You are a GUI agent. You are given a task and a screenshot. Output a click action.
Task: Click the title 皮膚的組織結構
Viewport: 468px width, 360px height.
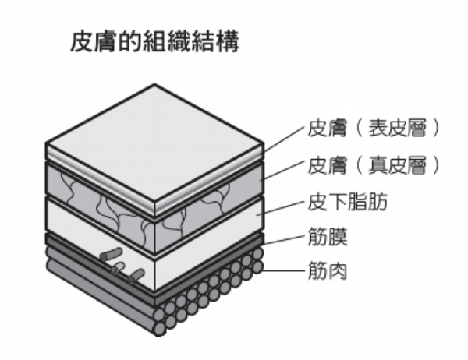[x=154, y=42]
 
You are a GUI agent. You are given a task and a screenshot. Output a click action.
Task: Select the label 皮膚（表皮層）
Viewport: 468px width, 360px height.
[x=374, y=129]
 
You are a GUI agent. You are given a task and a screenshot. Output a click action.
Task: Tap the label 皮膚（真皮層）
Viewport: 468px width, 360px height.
[x=374, y=166]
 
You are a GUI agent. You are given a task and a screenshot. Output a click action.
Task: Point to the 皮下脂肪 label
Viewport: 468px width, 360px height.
[x=347, y=203]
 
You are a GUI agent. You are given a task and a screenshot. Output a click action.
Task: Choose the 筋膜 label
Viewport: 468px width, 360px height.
[x=328, y=237]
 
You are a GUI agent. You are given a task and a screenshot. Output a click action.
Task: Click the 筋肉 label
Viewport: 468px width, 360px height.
[x=328, y=270]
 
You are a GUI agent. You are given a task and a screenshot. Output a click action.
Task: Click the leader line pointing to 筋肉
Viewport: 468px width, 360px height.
[x=283, y=271]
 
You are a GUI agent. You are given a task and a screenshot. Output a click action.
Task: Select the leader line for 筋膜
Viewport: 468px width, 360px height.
[x=284, y=241]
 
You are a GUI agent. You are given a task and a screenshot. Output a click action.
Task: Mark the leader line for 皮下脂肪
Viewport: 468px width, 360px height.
[x=281, y=208]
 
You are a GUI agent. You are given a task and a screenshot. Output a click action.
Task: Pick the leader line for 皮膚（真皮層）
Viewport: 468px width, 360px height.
[x=282, y=171]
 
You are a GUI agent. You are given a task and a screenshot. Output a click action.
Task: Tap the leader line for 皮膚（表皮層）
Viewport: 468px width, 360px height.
[x=284, y=139]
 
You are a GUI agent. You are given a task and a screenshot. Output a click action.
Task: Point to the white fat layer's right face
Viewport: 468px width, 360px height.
[x=209, y=243]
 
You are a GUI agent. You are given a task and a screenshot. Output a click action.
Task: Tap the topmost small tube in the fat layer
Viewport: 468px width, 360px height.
[x=112, y=253]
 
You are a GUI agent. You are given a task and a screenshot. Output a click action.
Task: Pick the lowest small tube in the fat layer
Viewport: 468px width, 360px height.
[x=136, y=276]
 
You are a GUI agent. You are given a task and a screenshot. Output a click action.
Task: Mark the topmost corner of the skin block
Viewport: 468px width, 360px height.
[x=154, y=85]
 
